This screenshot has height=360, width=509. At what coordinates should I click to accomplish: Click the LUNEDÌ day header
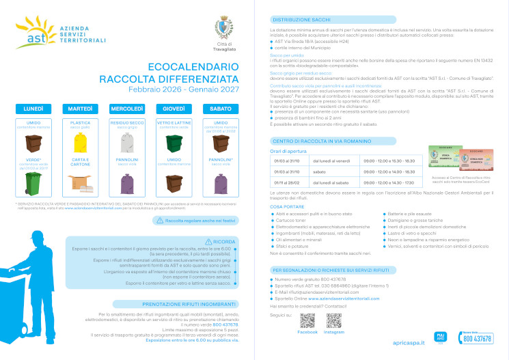coord(33,109)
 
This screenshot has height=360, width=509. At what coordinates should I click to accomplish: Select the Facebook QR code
coord(307,320)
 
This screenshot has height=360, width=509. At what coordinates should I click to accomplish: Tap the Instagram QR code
coord(334,320)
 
